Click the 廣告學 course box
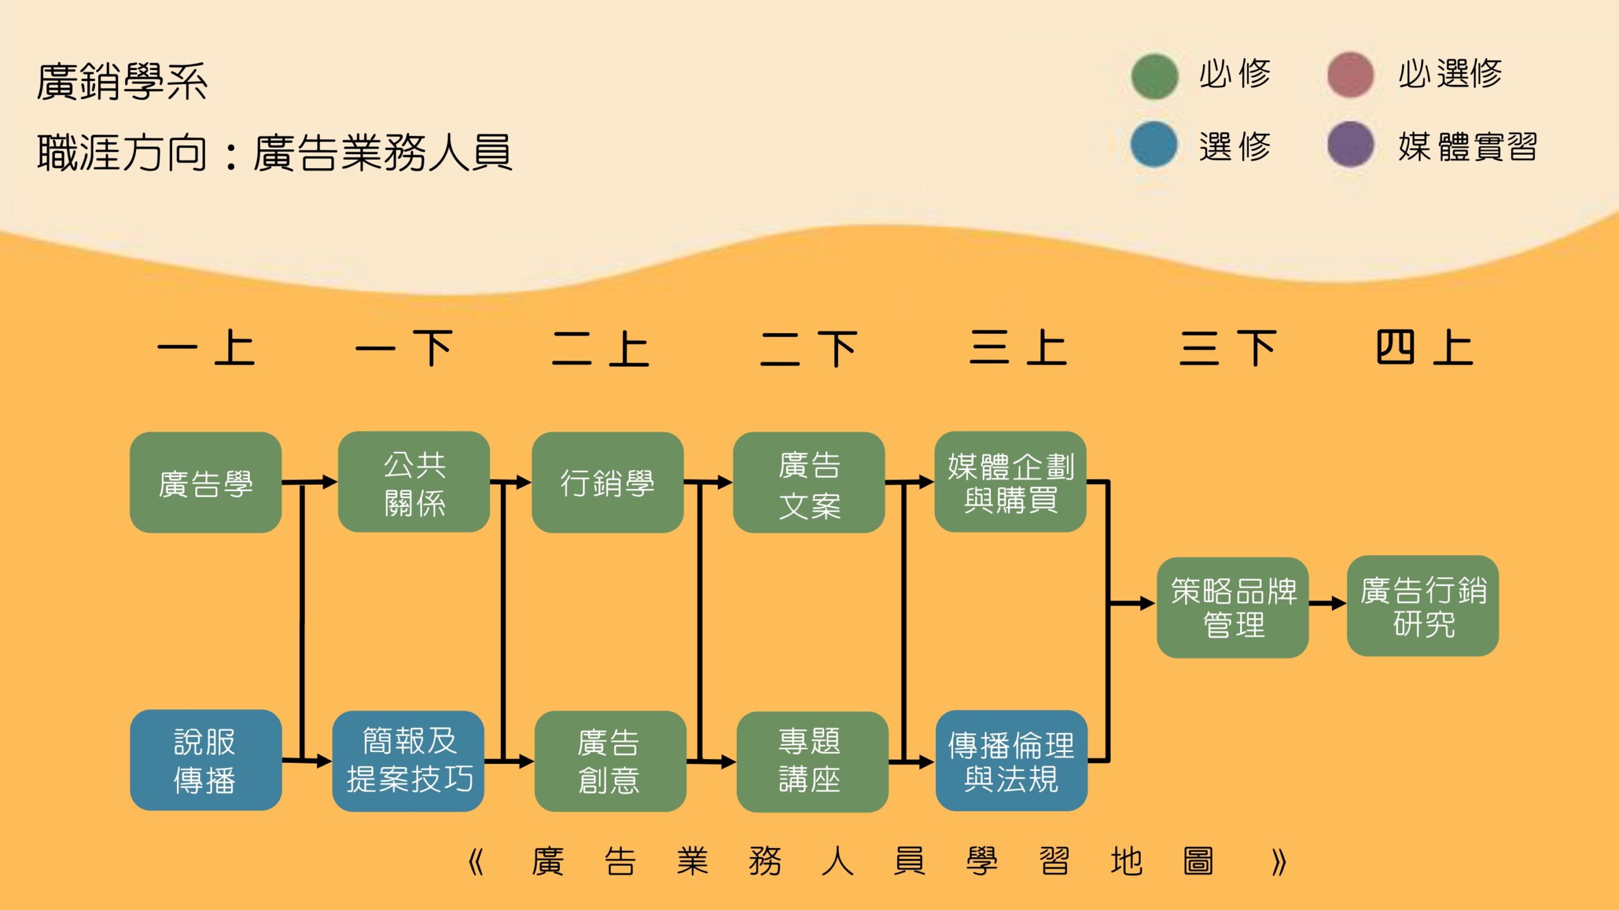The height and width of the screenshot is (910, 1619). pos(206,482)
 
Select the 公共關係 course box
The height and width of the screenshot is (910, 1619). pos(414,482)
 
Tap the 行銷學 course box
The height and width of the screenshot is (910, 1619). pos(607,482)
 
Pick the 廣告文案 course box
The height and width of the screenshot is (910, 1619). pos(808,482)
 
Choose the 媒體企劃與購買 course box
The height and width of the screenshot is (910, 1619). pos(1010,482)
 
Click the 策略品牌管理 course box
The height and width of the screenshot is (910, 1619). pos(1232,607)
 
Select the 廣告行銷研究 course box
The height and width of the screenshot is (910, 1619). pos(1422,606)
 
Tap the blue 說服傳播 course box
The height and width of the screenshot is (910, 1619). pos(206,760)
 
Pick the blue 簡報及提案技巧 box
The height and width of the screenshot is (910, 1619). pos(408,761)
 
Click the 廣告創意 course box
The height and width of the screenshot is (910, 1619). pos(610,761)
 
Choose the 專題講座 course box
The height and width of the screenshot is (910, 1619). pos(812,761)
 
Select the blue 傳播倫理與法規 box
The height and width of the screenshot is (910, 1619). pos(1011,761)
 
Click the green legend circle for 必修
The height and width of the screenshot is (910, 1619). pos(1154,76)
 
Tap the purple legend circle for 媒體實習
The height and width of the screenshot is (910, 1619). pos(1350,145)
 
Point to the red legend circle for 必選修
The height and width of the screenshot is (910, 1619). pos(1350,75)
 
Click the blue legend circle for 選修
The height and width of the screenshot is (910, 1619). pos(1154,145)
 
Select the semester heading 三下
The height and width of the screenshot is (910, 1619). pos(1228,348)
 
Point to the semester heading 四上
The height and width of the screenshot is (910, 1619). pos(1424,348)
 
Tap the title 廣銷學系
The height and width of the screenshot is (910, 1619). pos(122,82)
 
